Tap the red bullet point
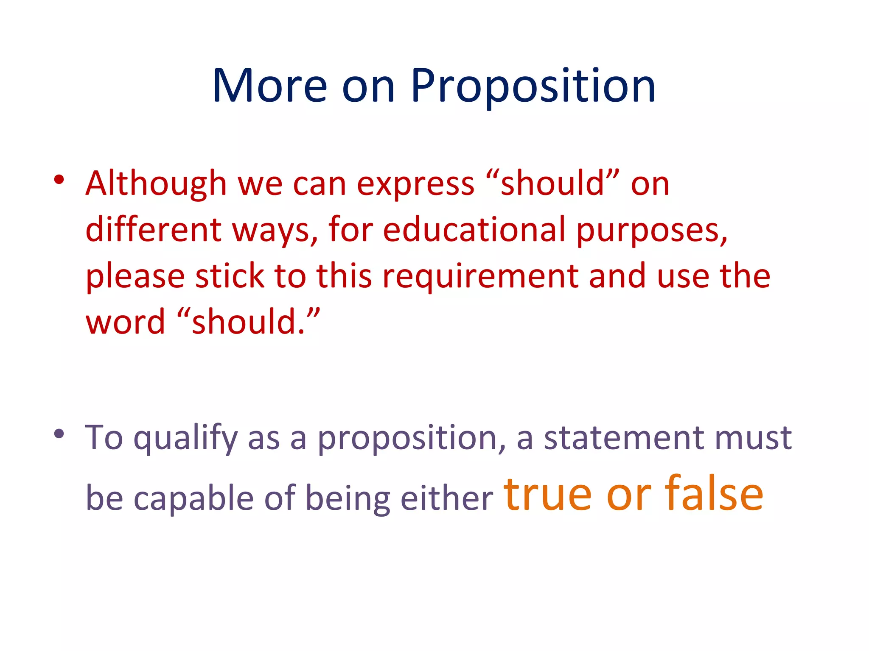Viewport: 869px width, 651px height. [59, 180]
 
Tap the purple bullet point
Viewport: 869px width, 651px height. [59, 434]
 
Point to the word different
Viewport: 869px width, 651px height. [154, 230]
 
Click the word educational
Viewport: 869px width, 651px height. [474, 230]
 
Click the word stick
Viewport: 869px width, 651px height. [230, 276]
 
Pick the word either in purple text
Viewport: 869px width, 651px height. [446, 498]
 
